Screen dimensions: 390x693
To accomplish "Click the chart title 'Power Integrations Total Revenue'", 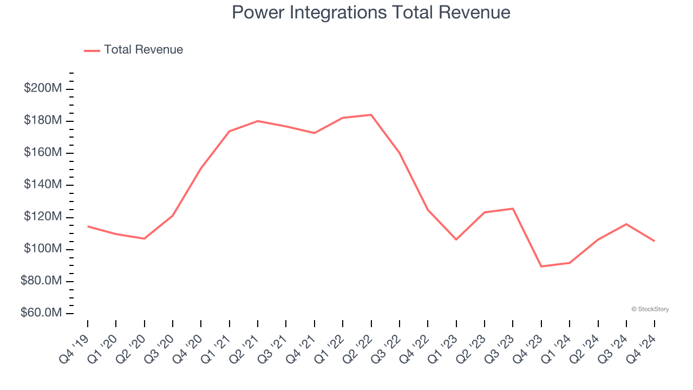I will pos(371,12).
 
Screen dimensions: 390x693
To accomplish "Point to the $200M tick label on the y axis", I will pos(43,88).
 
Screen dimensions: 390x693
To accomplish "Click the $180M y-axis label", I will pos(43,120).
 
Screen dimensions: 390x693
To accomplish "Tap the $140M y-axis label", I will pos(43,185).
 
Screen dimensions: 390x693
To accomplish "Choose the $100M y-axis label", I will pos(43,249).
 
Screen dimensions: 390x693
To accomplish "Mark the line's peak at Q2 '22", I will pos(371,115).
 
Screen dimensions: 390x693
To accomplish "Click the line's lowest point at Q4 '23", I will pos(541,266).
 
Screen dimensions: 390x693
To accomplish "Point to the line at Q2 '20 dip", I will pos(144,238).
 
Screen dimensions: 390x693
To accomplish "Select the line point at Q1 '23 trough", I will pos(456,239).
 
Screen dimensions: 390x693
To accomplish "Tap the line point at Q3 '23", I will pos(513,209).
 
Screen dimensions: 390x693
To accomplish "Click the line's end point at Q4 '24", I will pos(654,241).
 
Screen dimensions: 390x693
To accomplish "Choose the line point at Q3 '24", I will pos(626,224).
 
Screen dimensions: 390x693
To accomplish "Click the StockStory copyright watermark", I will pos(650,309).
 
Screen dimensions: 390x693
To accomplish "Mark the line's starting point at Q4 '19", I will pos(88,226).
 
